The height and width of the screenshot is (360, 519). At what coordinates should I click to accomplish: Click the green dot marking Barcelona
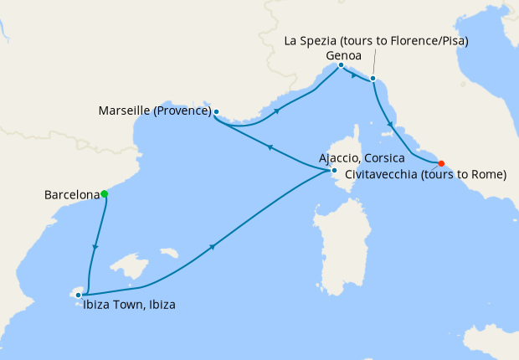[105, 194]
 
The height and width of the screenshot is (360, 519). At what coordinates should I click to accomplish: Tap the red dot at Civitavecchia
[441, 163]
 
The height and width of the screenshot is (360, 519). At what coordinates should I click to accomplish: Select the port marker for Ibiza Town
[78, 295]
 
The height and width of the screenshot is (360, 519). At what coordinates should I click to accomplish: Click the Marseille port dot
[216, 111]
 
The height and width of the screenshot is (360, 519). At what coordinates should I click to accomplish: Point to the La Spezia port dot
[373, 80]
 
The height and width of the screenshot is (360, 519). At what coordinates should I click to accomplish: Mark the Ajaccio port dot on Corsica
[333, 171]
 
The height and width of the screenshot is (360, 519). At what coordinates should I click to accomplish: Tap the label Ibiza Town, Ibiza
[129, 306]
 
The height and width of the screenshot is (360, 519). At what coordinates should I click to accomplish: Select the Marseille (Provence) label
[154, 111]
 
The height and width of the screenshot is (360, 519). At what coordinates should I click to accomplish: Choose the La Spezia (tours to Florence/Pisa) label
[376, 40]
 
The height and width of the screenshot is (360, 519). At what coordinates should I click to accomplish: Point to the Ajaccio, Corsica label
[362, 157]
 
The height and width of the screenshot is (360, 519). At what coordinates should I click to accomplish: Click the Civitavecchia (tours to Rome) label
[425, 175]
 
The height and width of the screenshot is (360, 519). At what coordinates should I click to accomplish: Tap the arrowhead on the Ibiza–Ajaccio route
[214, 246]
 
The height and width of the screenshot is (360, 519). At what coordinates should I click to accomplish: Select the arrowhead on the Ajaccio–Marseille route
[270, 147]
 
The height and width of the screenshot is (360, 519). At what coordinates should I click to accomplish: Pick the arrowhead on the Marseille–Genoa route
[276, 110]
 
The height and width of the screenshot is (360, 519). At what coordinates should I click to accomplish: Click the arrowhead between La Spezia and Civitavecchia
[390, 126]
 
